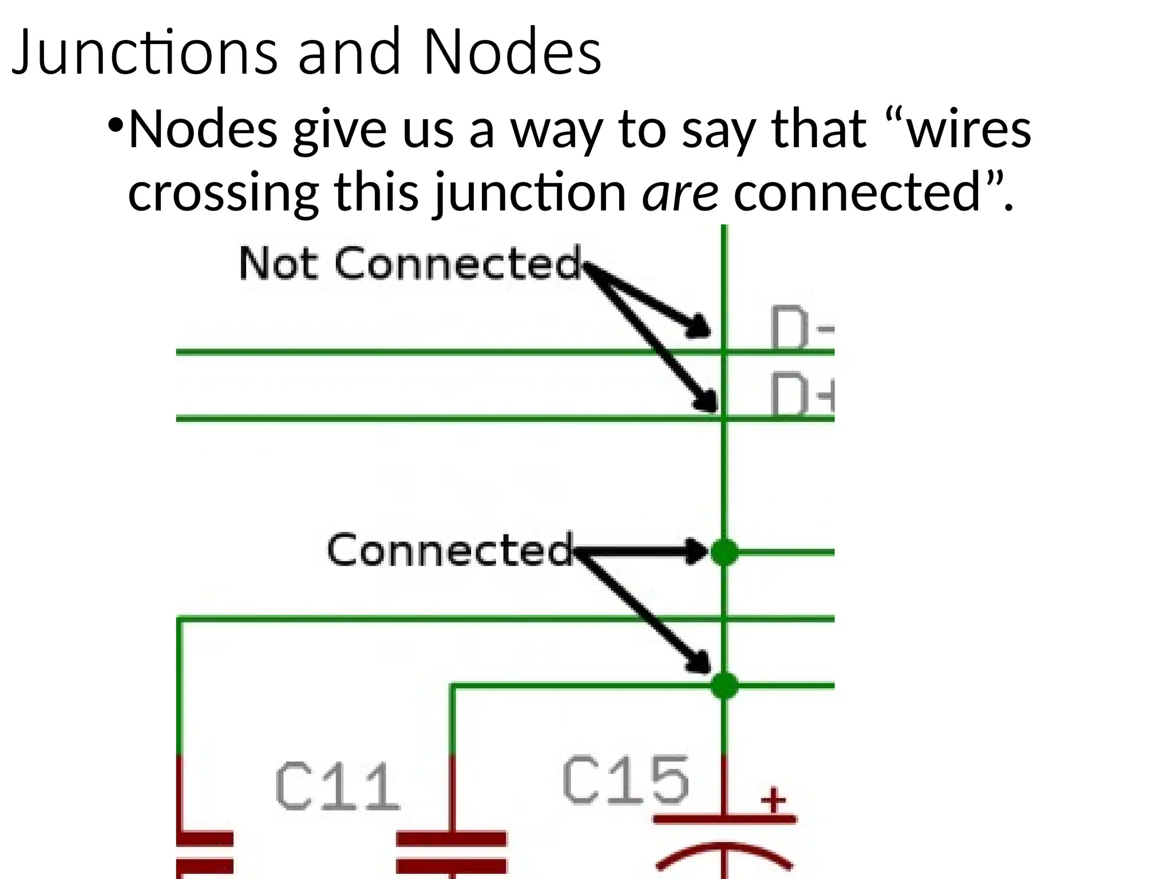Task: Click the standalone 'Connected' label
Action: (449, 549)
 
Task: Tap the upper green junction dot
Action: (724, 552)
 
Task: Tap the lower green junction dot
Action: (724, 685)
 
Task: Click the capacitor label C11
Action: (336, 787)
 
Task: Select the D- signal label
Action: (801, 329)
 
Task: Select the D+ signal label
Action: (801, 395)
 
